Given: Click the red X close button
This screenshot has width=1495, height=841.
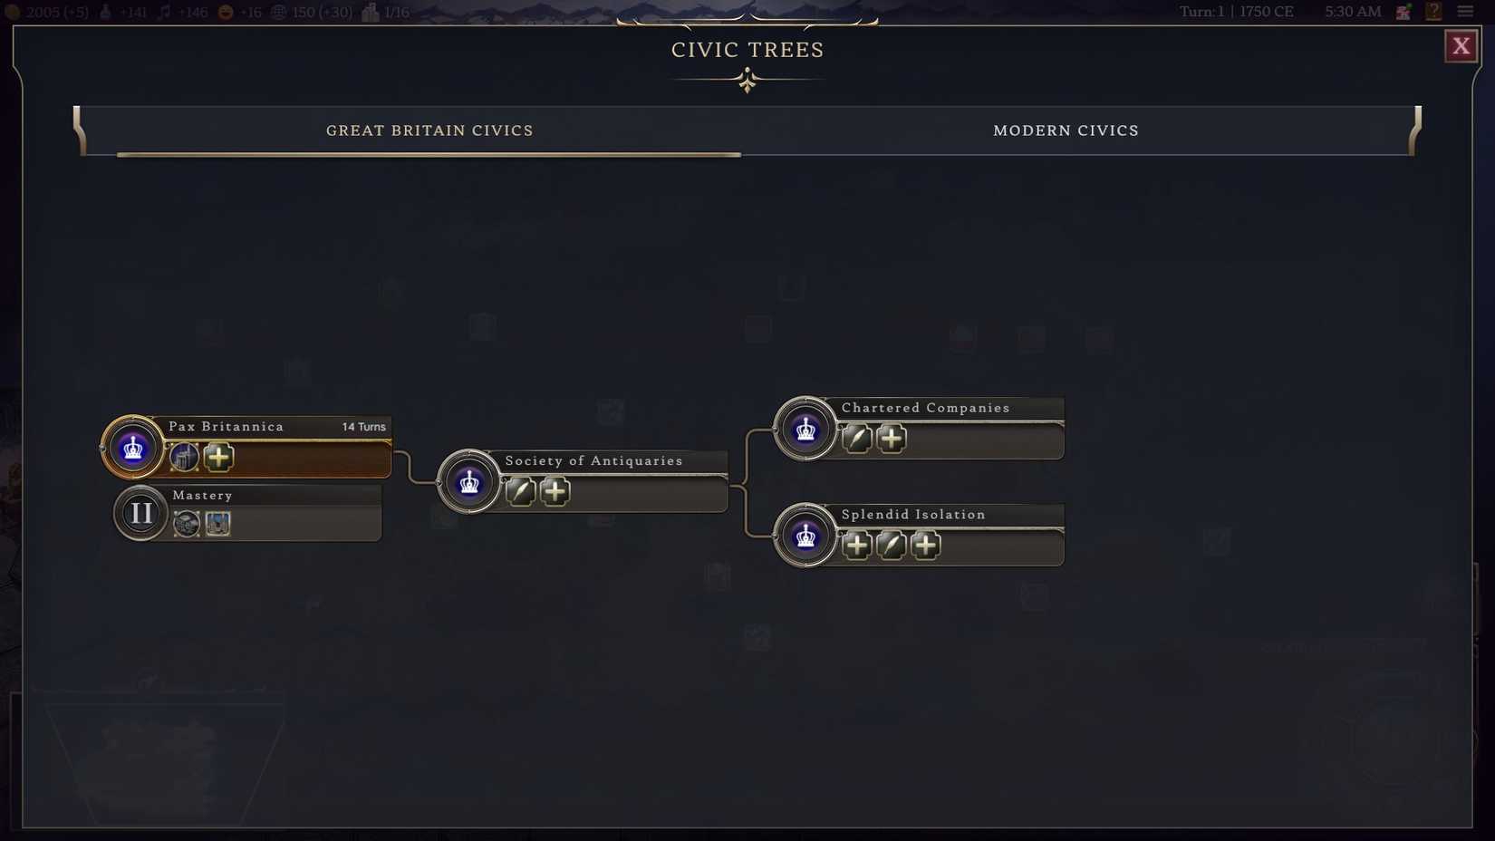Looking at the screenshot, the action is click(1461, 46).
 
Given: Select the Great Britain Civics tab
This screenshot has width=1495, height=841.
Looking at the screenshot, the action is click(429, 130).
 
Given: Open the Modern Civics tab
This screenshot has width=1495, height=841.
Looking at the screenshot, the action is click(1066, 130).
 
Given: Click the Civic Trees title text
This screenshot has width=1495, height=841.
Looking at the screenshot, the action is click(747, 50).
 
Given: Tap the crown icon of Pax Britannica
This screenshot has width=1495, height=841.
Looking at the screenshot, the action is click(132, 447).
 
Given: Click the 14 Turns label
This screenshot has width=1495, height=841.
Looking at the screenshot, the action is click(363, 427).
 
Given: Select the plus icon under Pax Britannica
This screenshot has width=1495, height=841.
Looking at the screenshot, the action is click(218, 457).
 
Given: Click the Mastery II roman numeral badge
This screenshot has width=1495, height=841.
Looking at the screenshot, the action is click(140, 513).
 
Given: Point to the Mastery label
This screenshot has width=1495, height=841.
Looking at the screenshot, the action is click(203, 496).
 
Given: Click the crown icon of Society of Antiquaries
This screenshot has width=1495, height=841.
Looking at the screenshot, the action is click(468, 482).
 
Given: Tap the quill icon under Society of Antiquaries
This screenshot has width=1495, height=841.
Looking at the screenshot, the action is click(520, 491).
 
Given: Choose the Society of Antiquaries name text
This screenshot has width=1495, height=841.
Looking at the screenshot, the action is click(593, 461).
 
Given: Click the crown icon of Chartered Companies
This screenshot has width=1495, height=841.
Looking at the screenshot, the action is click(805, 429).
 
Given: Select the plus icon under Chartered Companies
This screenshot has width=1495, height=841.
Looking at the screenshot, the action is click(892, 439).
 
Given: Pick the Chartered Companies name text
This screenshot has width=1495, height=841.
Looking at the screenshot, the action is click(925, 408).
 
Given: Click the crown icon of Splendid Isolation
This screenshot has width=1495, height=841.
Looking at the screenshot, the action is click(805, 536).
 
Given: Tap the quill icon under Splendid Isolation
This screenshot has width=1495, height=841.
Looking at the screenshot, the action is click(891, 546).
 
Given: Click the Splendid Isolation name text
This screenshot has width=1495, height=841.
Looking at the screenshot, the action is click(913, 515).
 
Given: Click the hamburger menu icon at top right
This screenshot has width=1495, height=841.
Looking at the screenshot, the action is click(1465, 12).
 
